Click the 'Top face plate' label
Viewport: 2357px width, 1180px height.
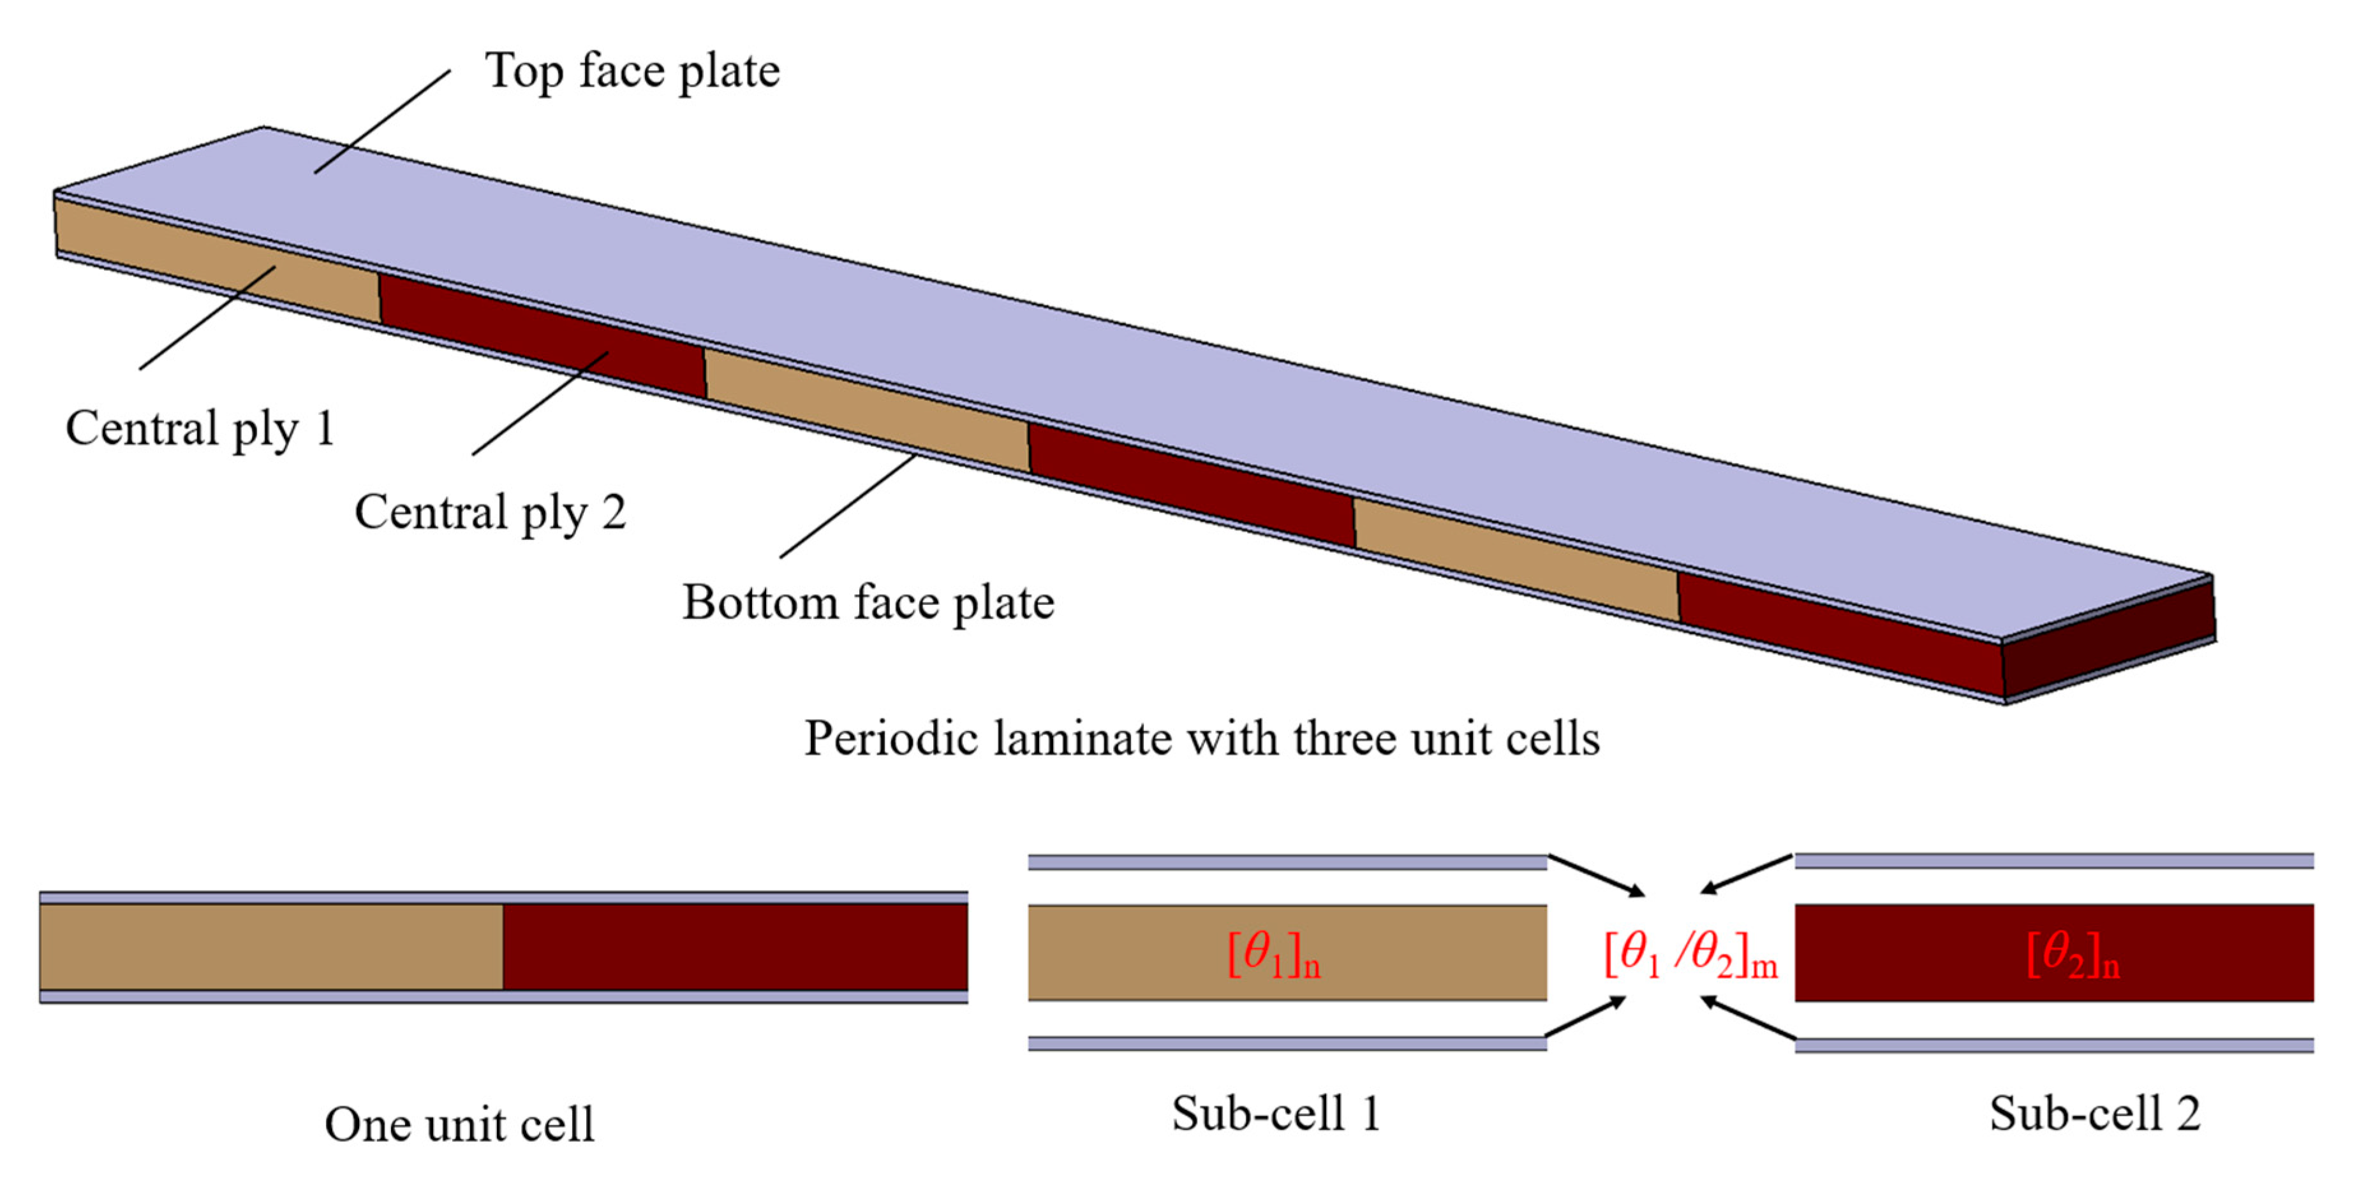coord(632,71)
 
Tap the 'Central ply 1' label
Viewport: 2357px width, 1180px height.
coord(200,428)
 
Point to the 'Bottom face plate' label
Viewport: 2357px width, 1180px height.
coord(868,603)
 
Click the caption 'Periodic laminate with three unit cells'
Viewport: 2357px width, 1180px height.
coord(1201,738)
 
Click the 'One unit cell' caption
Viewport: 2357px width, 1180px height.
coord(459,1124)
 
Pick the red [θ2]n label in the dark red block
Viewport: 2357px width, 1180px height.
coord(2073,956)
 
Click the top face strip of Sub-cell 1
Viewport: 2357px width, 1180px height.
coord(1287,863)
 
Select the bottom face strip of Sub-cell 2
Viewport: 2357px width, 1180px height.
coord(2053,1045)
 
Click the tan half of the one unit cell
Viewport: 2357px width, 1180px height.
coord(271,947)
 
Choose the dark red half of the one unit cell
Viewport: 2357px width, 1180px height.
coord(735,947)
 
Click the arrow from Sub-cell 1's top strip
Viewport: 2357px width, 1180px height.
coord(1596,875)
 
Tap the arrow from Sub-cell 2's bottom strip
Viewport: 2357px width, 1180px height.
coord(1748,1019)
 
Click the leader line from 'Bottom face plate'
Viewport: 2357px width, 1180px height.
coord(847,506)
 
